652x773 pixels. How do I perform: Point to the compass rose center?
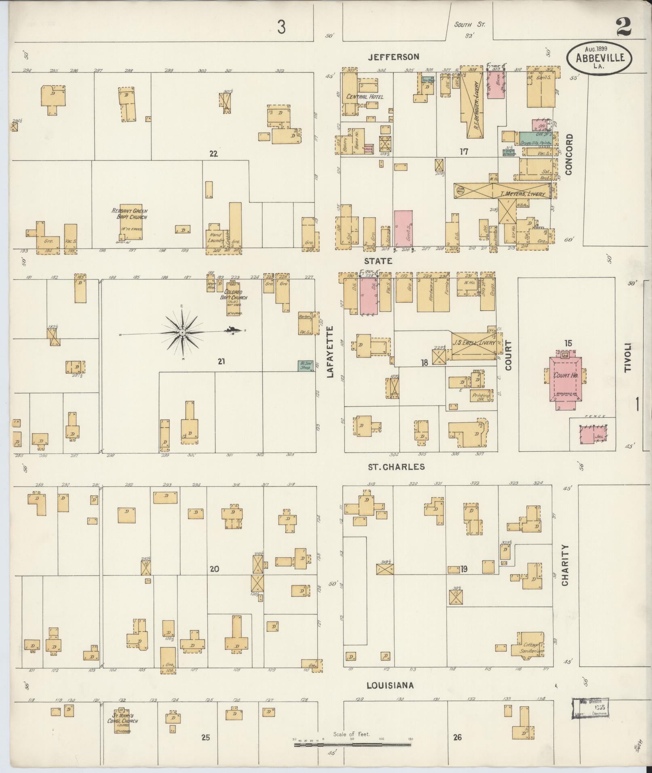click(x=182, y=332)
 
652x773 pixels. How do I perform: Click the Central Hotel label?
click(x=365, y=97)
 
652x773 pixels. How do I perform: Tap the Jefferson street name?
click(x=393, y=57)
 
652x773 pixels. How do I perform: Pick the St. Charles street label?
click(x=396, y=467)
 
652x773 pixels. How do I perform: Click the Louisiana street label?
click(x=390, y=685)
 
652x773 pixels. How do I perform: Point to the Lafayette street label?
click(x=330, y=352)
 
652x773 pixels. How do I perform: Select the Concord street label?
click(x=569, y=154)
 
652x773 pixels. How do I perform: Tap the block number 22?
click(x=213, y=154)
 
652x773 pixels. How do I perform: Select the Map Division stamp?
click(x=591, y=708)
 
